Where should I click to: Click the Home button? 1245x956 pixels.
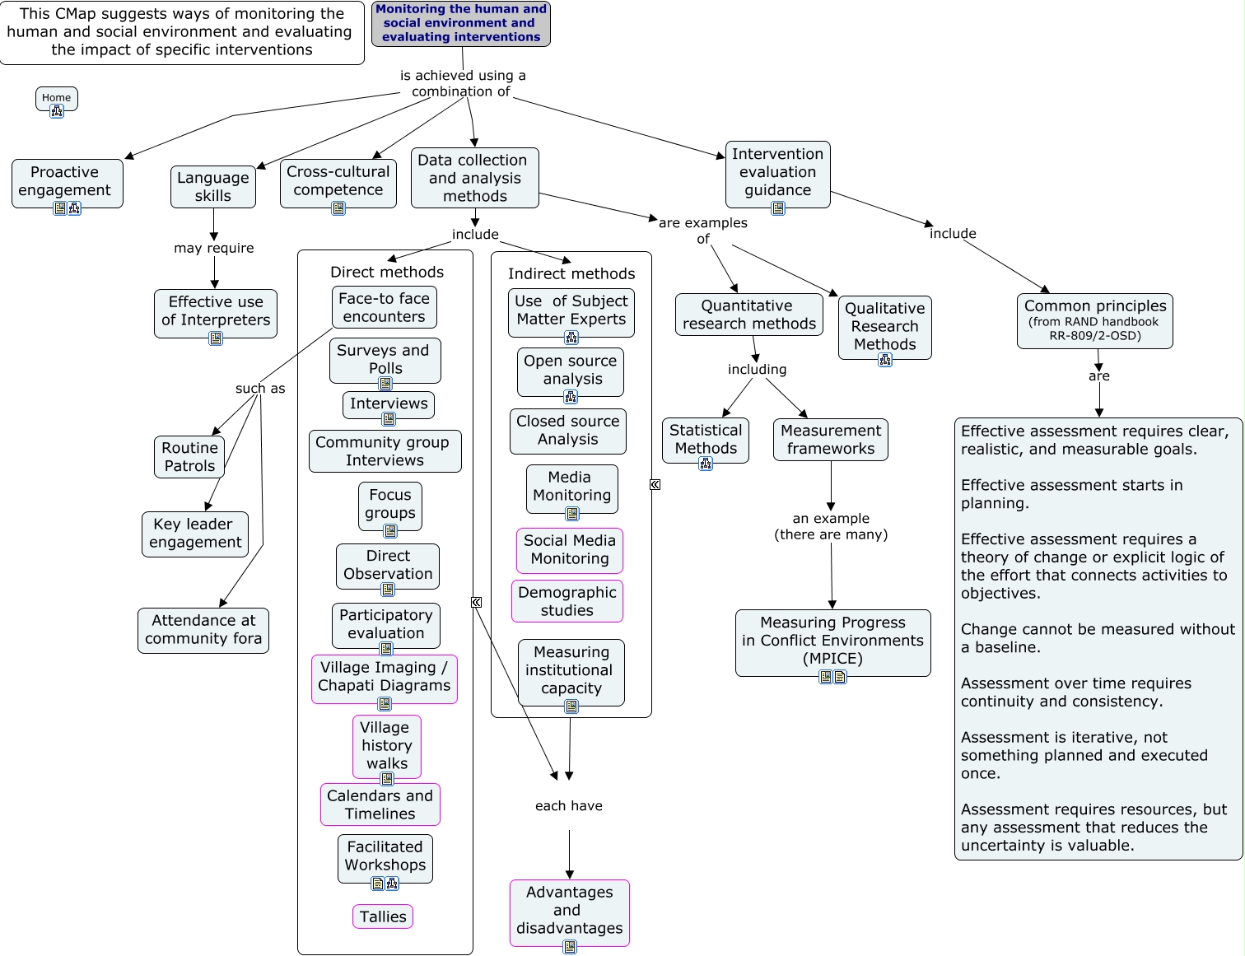click(56, 97)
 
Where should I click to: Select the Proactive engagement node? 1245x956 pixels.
click(67, 182)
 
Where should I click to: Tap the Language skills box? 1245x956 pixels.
click(213, 187)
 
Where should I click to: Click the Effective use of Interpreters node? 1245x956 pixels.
click(216, 311)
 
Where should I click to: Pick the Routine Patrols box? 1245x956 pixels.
click(189, 457)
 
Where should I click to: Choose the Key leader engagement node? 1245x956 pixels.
click(195, 534)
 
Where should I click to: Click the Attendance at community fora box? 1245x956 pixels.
click(203, 630)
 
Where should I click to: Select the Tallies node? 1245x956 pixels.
click(383, 916)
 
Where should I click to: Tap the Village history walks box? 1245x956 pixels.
click(386, 745)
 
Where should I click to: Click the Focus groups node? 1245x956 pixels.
click(390, 504)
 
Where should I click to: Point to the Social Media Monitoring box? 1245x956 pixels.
click(570, 550)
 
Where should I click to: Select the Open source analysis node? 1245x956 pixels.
click(571, 371)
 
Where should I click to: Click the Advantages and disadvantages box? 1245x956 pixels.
click(570, 911)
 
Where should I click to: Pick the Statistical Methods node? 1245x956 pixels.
click(706, 440)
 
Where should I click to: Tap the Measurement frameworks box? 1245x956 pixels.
click(831, 440)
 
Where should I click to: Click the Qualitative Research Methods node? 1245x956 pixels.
click(885, 327)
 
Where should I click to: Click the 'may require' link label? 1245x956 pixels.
click(214, 248)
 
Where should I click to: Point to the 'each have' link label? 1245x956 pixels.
click(569, 805)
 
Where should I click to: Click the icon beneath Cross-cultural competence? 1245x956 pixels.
click(338, 208)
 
